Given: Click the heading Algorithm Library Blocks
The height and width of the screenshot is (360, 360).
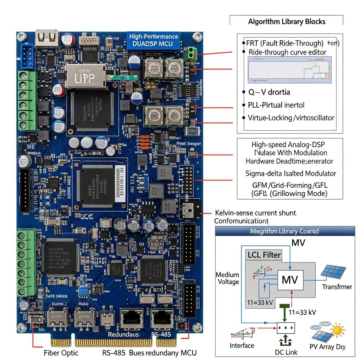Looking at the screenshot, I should pyautogui.click(x=287, y=21).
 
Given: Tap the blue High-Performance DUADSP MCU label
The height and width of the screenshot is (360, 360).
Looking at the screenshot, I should pyautogui.click(x=154, y=40).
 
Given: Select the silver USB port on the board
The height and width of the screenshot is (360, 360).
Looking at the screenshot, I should pyautogui.click(x=46, y=38).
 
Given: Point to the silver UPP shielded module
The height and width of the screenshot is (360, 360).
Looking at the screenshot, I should pyautogui.click(x=85, y=75).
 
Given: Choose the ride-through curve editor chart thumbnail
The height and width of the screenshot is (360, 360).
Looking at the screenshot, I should pyautogui.click(x=290, y=70).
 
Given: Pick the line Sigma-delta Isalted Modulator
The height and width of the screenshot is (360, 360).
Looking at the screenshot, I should pyautogui.click(x=291, y=173).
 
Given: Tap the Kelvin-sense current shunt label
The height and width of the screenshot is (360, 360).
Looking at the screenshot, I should pyautogui.click(x=256, y=213).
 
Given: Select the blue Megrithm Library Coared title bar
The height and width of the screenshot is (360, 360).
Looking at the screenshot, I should pyautogui.click(x=284, y=231).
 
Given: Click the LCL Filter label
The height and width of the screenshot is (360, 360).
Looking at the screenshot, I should pyautogui.click(x=264, y=255).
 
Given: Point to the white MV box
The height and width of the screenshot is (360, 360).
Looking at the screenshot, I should pyautogui.click(x=290, y=280).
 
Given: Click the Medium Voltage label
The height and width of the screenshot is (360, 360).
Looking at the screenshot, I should pyautogui.click(x=228, y=278).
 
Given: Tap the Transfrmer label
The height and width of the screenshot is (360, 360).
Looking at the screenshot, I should pyautogui.click(x=337, y=287).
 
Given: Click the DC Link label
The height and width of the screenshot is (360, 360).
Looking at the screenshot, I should pyautogui.click(x=286, y=352).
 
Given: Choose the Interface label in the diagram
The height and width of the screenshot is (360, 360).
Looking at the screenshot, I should pyautogui.click(x=242, y=346).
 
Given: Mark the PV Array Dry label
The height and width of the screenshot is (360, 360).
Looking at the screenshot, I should pyautogui.click(x=327, y=347).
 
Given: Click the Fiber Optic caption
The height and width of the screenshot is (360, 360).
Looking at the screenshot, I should pyautogui.click(x=61, y=353).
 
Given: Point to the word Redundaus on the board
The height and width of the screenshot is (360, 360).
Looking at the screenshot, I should pyautogui.click(x=123, y=334).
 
